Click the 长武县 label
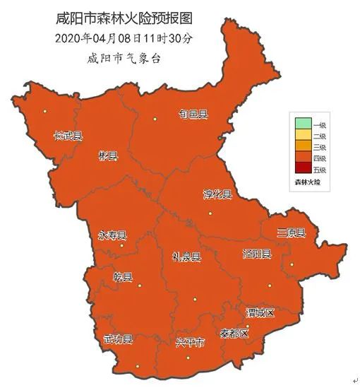(x=68, y=136)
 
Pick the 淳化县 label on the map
(x=217, y=194)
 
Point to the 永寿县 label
(x=112, y=235)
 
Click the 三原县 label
(x=291, y=233)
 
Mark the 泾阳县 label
(x=256, y=254)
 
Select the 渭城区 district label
(x=259, y=312)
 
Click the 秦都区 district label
(x=234, y=332)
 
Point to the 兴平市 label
(x=190, y=343)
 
